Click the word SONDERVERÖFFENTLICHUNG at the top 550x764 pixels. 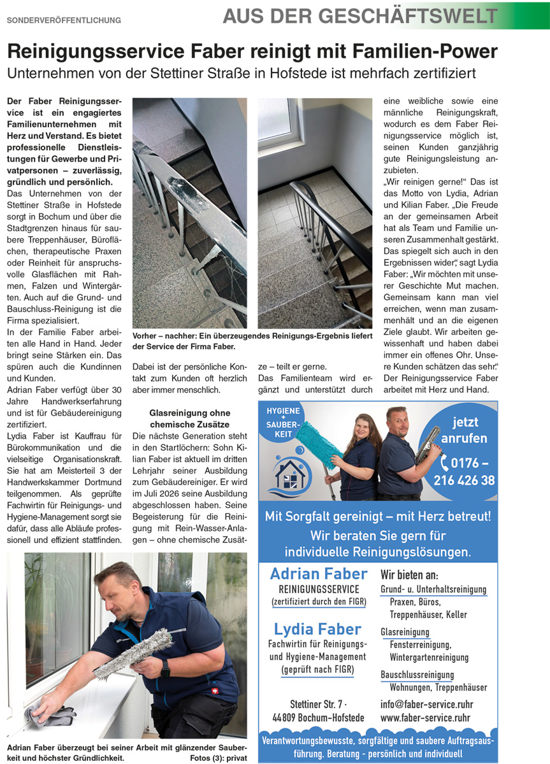(x=64, y=20)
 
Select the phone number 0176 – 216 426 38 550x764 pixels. (x=464, y=471)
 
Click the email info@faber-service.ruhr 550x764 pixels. (x=426, y=705)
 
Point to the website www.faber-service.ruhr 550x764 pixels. (x=425, y=718)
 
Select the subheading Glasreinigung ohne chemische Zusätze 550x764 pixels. (x=189, y=418)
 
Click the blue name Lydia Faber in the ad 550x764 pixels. (x=318, y=629)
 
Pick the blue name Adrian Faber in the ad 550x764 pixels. (x=318, y=574)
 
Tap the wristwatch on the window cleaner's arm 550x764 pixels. (x=165, y=668)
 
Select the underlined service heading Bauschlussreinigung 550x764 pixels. (x=417, y=675)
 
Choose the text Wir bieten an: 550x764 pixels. (x=409, y=574)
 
